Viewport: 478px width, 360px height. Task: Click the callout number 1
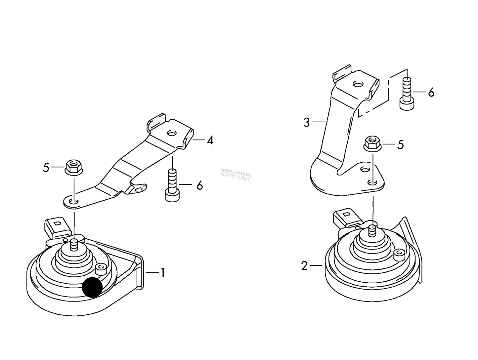click(x=163, y=273)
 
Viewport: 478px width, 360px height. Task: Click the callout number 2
click(x=304, y=266)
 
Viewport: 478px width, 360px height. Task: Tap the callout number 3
click(x=306, y=123)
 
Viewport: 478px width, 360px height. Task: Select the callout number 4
click(x=210, y=140)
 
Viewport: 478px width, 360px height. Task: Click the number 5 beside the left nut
click(x=46, y=168)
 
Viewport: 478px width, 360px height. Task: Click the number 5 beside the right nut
click(x=401, y=145)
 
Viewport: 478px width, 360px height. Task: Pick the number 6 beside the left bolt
click(x=199, y=185)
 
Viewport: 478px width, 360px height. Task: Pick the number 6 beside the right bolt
click(x=431, y=92)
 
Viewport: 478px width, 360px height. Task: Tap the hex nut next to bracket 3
click(x=372, y=142)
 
